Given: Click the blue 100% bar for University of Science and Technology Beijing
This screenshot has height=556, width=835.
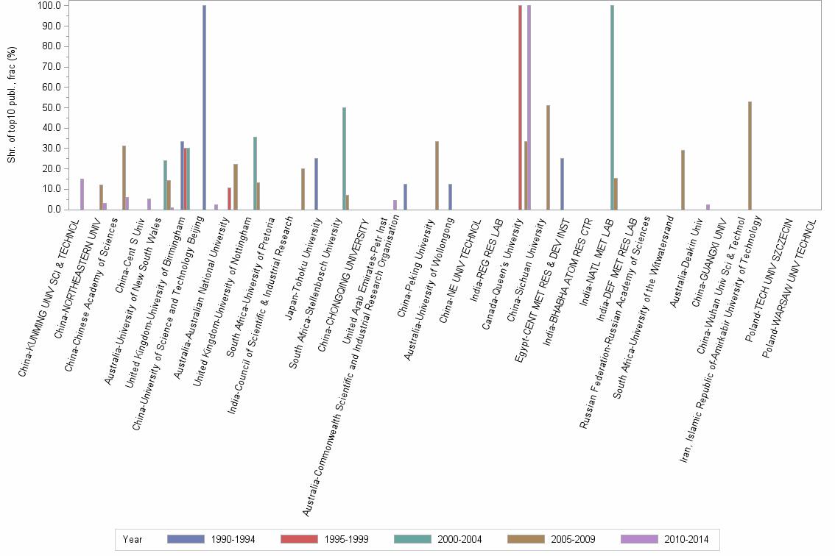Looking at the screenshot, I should (204, 107).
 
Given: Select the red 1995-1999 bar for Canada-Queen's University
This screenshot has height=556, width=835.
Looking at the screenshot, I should (520, 107).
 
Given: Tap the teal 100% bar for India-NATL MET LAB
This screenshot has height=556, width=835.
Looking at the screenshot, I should (612, 107).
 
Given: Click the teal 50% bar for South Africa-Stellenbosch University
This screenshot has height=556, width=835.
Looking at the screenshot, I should (344, 158).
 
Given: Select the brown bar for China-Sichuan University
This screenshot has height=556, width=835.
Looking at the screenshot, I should (548, 157).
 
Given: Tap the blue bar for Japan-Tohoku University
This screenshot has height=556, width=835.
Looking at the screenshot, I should (316, 184).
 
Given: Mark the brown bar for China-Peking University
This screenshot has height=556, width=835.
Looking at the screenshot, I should (437, 175).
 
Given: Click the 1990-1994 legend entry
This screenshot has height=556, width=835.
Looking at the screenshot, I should (211, 540).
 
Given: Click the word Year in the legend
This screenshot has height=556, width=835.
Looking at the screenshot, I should (133, 540).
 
